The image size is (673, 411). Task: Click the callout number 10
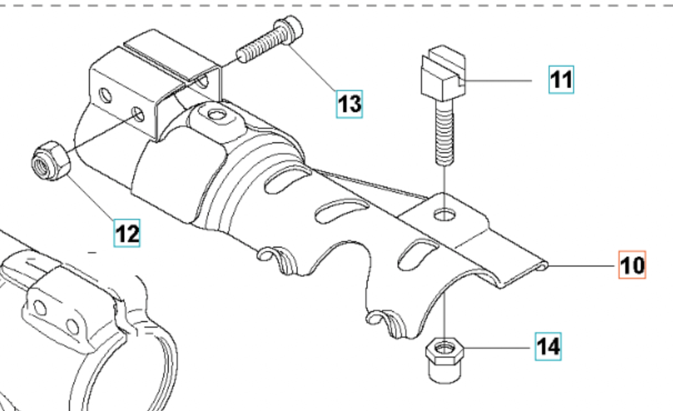pyautogui.click(x=632, y=265)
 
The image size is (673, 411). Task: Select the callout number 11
pyautogui.click(x=561, y=79)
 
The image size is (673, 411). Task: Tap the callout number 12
pyautogui.click(x=127, y=233)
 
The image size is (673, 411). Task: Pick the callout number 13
pyautogui.click(x=349, y=104)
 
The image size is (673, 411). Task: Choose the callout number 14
pyautogui.click(x=548, y=347)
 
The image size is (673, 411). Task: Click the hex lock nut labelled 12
pyautogui.click(x=51, y=161)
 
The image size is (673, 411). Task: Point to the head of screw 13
pyautogui.click(x=289, y=30)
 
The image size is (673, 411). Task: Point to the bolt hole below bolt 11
pyautogui.click(x=445, y=215)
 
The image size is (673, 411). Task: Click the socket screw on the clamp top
pyautogui.click(x=217, y=115)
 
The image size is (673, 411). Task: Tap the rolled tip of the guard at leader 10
pyautogui.click(x=543, y=266)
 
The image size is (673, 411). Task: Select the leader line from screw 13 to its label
pyautogui.click(x=313, y=67)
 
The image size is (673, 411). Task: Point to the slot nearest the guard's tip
pyautogui.click(x=418, y=254)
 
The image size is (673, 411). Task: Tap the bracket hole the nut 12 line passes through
pyautogui.click(x=138, y=114)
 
